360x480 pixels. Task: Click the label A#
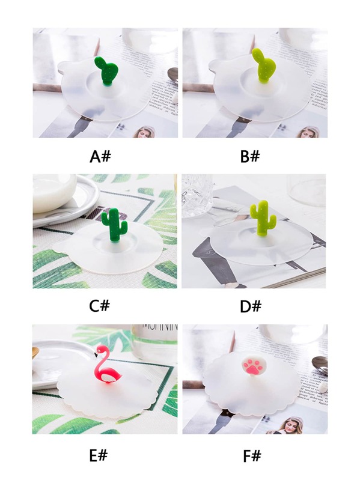pos(100,156)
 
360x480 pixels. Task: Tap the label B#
pos(250,156)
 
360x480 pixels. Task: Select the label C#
pos(100,306)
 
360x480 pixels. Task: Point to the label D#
pos(251,306)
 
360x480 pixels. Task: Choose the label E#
pos(99,456)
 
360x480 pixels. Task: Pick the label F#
pos(252,457)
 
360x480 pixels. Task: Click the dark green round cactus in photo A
pos(106,71)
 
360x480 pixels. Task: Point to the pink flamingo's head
pos(100,350)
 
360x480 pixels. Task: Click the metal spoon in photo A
pos(173,76)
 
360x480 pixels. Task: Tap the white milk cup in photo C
pos(55,193)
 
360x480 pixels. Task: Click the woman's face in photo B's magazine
pos(307,133)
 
